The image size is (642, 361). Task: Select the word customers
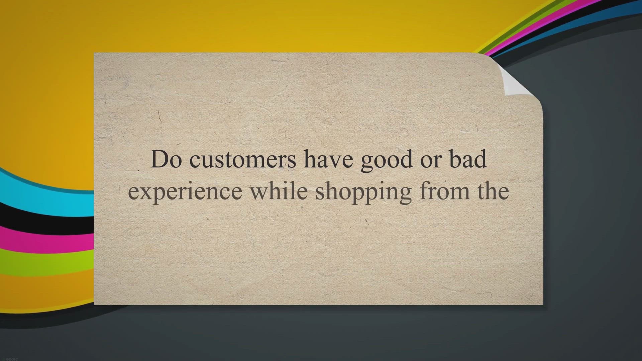[242, 160]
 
